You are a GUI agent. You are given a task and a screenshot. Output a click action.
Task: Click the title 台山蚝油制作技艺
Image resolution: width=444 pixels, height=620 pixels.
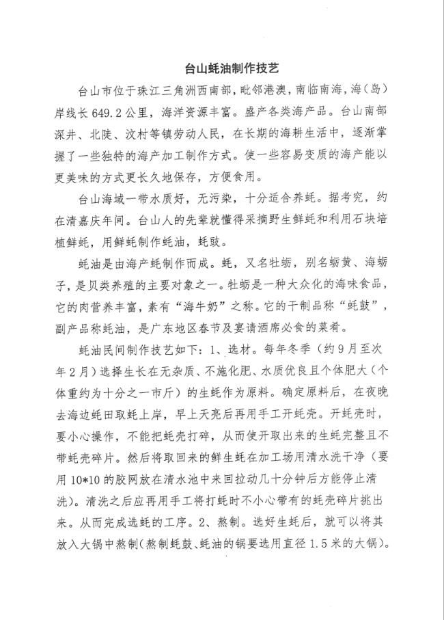[x=222, y=69]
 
